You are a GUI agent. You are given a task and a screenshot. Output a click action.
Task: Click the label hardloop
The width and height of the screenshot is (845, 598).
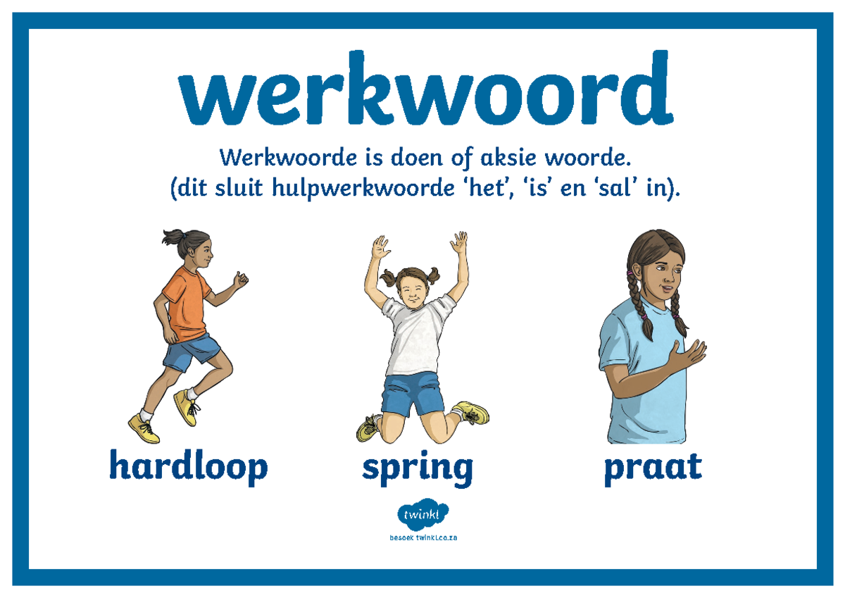coord(188,467)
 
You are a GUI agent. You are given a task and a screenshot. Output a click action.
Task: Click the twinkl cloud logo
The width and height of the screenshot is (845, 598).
coord(423,516)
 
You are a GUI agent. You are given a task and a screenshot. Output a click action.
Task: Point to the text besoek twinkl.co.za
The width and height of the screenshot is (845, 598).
coord(423,538)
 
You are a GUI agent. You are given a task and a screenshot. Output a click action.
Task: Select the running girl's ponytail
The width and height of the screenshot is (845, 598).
coord(172,237)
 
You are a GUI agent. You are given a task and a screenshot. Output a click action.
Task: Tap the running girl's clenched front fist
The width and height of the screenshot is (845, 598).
coord(242,280)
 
